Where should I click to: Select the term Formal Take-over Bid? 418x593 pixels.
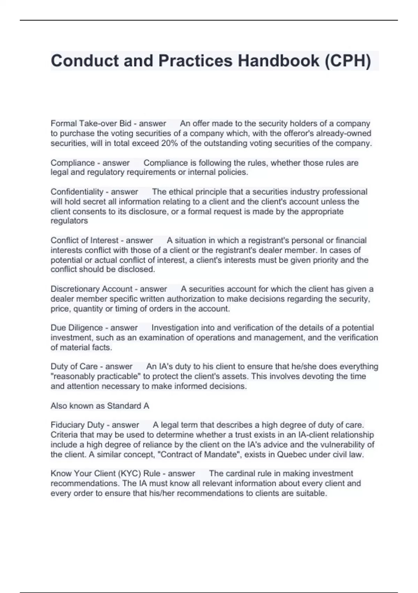(91, 123)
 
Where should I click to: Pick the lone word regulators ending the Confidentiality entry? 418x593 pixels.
(69, 221)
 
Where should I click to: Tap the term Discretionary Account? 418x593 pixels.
(92, 289)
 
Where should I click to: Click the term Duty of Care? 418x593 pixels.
(74, 367)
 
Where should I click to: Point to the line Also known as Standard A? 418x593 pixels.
(100, 406)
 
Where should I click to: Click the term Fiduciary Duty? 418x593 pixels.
(78, 425)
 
